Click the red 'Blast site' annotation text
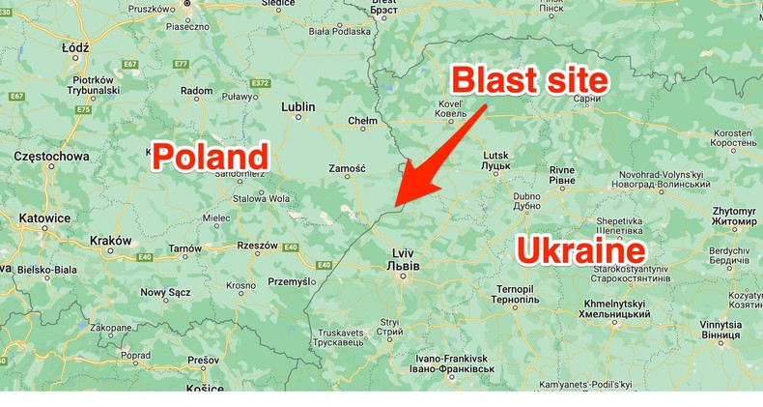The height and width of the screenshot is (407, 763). tap(530, 80)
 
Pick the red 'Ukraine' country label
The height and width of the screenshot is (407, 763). tap(580, 251)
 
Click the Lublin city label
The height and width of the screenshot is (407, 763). tap(298, 108)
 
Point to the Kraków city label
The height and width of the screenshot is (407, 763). tap(109, 240)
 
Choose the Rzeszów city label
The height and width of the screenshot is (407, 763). tap(257, 246)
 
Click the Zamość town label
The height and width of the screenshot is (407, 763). tap(347, 168)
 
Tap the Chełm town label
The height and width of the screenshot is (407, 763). tap(361, 122)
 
